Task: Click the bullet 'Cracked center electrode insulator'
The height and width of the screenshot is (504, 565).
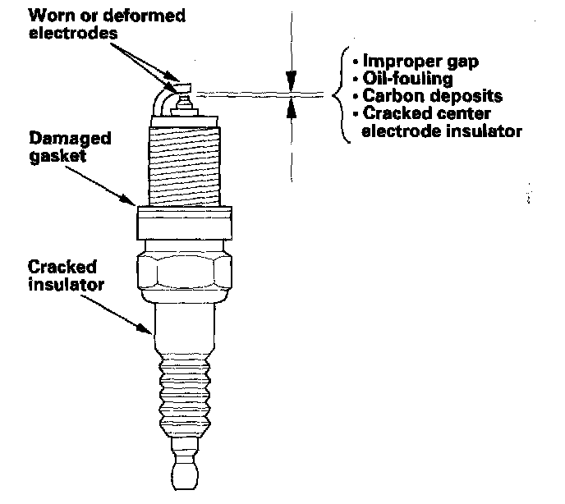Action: (435, 121)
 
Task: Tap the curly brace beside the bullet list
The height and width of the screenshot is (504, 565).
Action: (338, 95)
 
